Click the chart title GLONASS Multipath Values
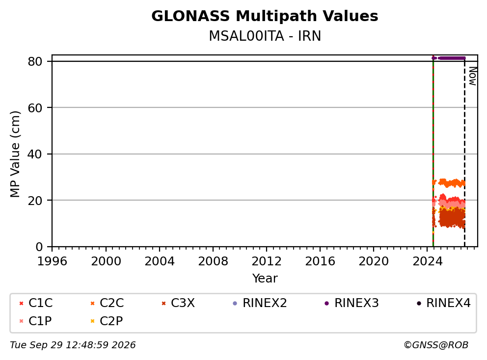tap(265, 16)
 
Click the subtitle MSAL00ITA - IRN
tap(265, 36)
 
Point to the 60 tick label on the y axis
tap(35, 108)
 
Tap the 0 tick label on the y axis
tap(39, 247)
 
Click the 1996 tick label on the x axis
tap(52, 261)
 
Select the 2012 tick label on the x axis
tap(266, 261)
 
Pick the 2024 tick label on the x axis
tap(427, 261)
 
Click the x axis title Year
tap(265, 279)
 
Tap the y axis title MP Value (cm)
tap(15, 154)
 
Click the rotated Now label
tap(473, 76)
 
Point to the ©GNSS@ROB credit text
tap(436, 345)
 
